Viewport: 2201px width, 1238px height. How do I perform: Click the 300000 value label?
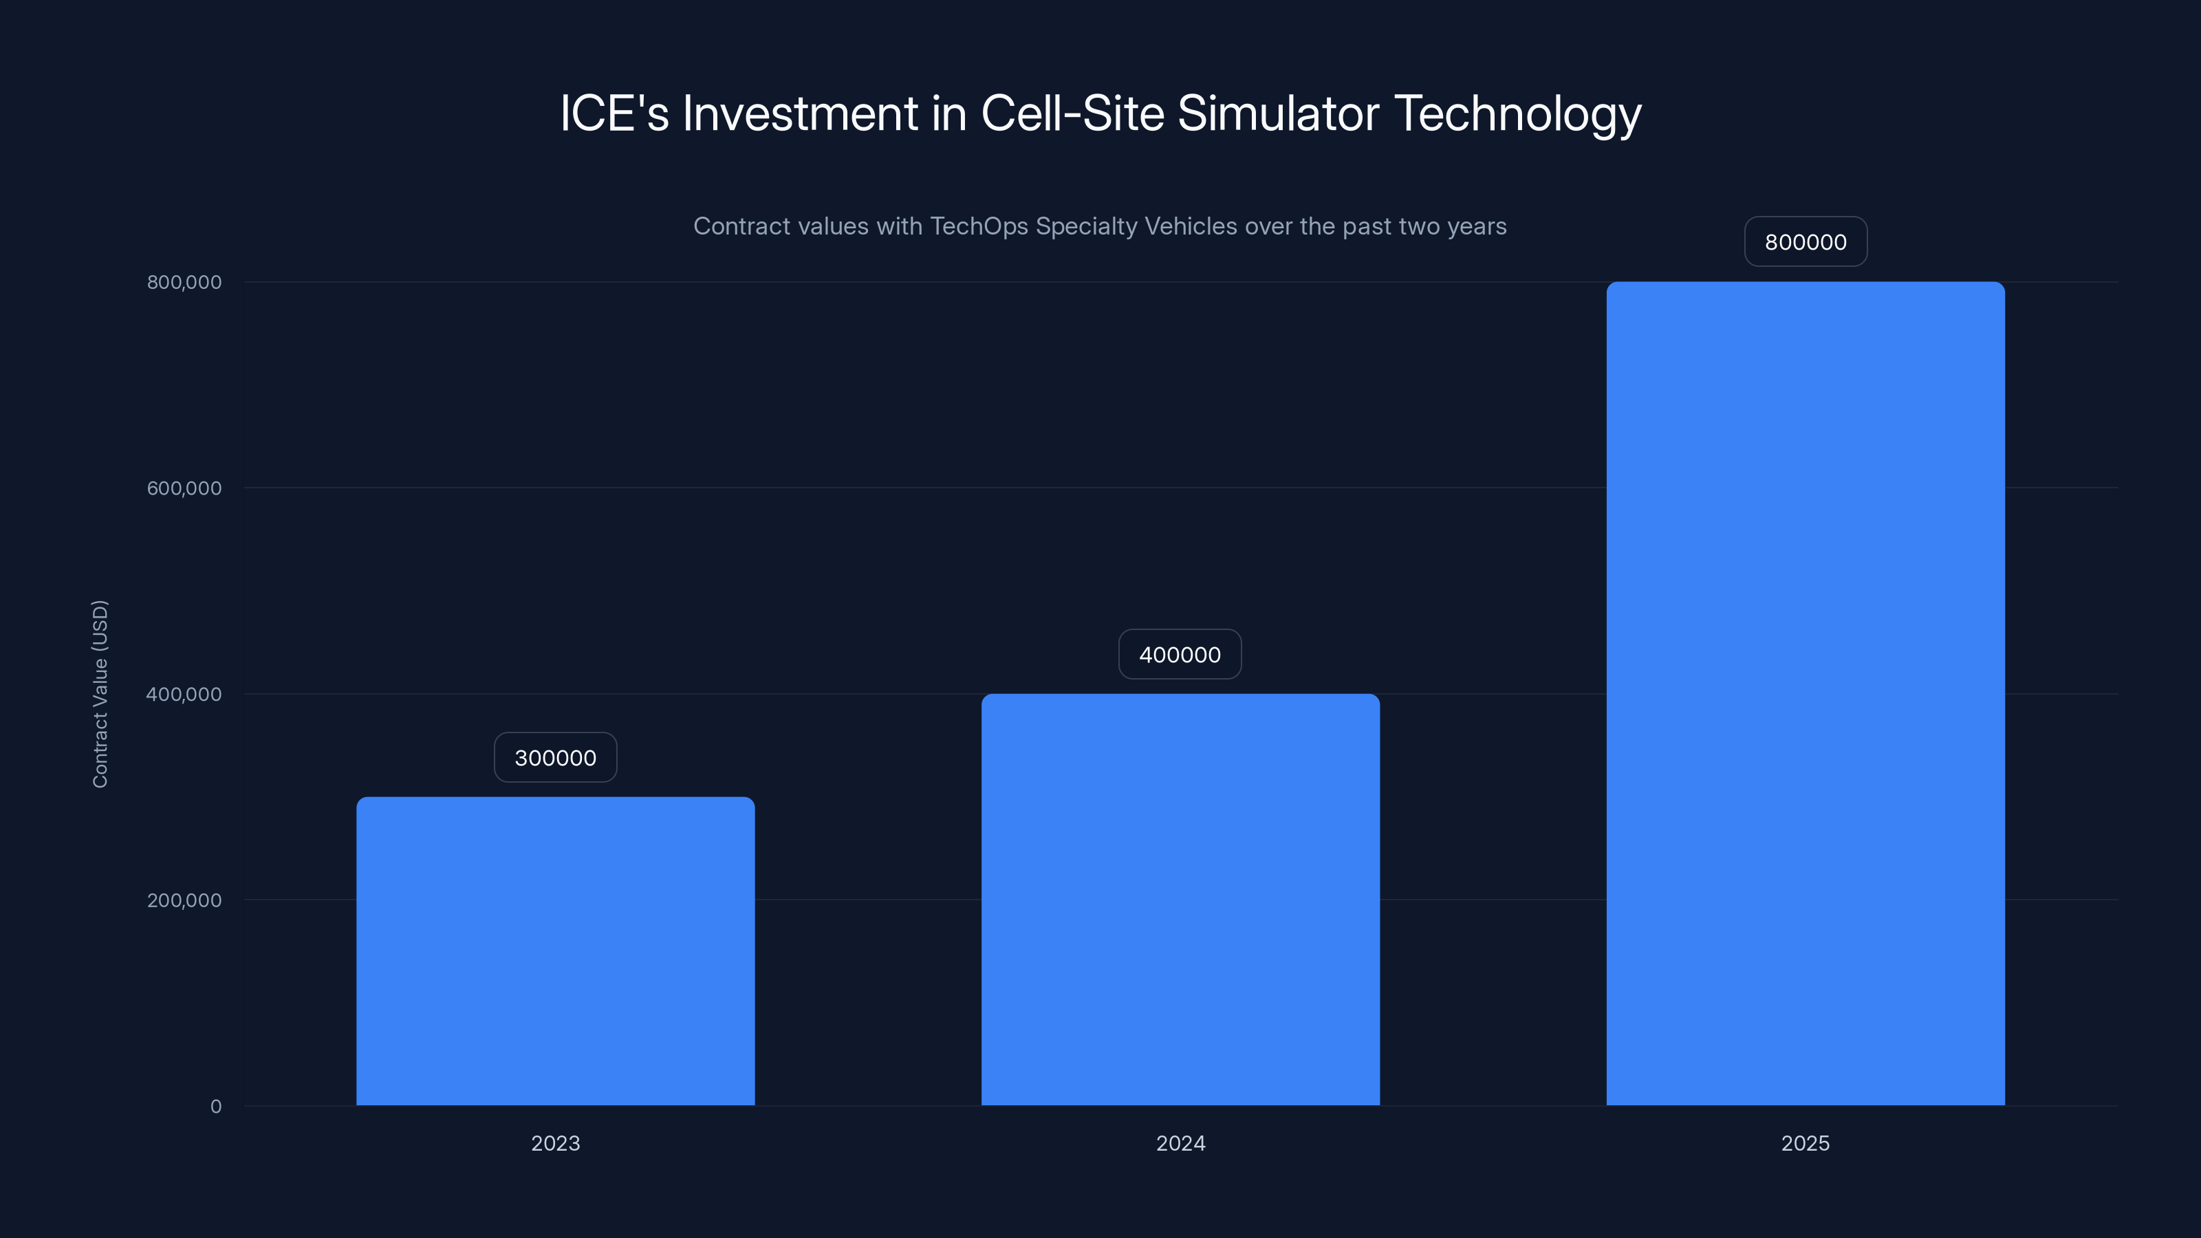(555, 758)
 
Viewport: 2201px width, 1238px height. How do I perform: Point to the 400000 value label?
(1180, 655)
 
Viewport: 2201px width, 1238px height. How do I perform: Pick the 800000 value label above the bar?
(1806, 242)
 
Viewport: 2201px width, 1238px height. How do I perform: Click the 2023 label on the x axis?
(555, 1143)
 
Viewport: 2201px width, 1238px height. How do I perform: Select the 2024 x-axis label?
(1180, 1143)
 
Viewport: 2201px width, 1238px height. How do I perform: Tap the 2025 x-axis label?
(1805, 1143)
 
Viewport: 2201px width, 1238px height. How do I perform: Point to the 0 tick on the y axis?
(215, 1107)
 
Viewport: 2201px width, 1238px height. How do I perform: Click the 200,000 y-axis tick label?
(184, 900)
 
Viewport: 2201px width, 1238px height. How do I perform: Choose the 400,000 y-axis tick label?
(184, 694)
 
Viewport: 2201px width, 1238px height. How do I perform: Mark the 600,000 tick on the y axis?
(184, 488)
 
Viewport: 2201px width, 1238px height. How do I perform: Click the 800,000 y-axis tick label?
(184, 282)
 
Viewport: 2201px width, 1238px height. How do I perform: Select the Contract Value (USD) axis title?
(100, 694)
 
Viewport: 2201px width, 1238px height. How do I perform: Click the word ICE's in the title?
(614, 113)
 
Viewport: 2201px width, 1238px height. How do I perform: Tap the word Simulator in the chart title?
(1277, 113)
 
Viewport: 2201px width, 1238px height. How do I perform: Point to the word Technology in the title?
(1517, 114)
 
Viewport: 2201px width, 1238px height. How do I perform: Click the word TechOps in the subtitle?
(979, 226)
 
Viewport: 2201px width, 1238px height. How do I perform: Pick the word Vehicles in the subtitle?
(1190, 226)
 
